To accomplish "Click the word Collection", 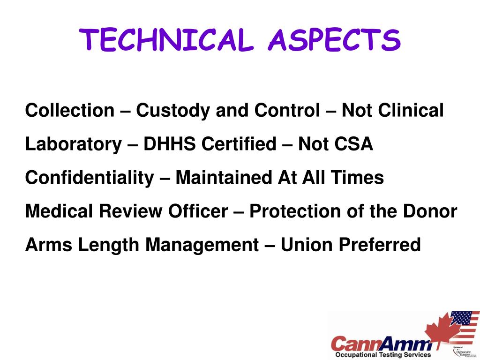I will pyautogui.click(x=69, y=111).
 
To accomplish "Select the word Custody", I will pyautogui.click(x=173, y=111).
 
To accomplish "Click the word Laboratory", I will pyautogui.click(x=73, y=144).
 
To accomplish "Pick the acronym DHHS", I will pyautogui.click(x=170, y=144).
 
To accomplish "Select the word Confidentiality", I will pyautogui.click(x=89, y=178).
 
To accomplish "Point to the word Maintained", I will pyautogui.click(x=224, y=178).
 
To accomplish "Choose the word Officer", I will pyautogui.click(x=198, y=211).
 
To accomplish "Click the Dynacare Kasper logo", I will pyautogui.click(x=465, y=352).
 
